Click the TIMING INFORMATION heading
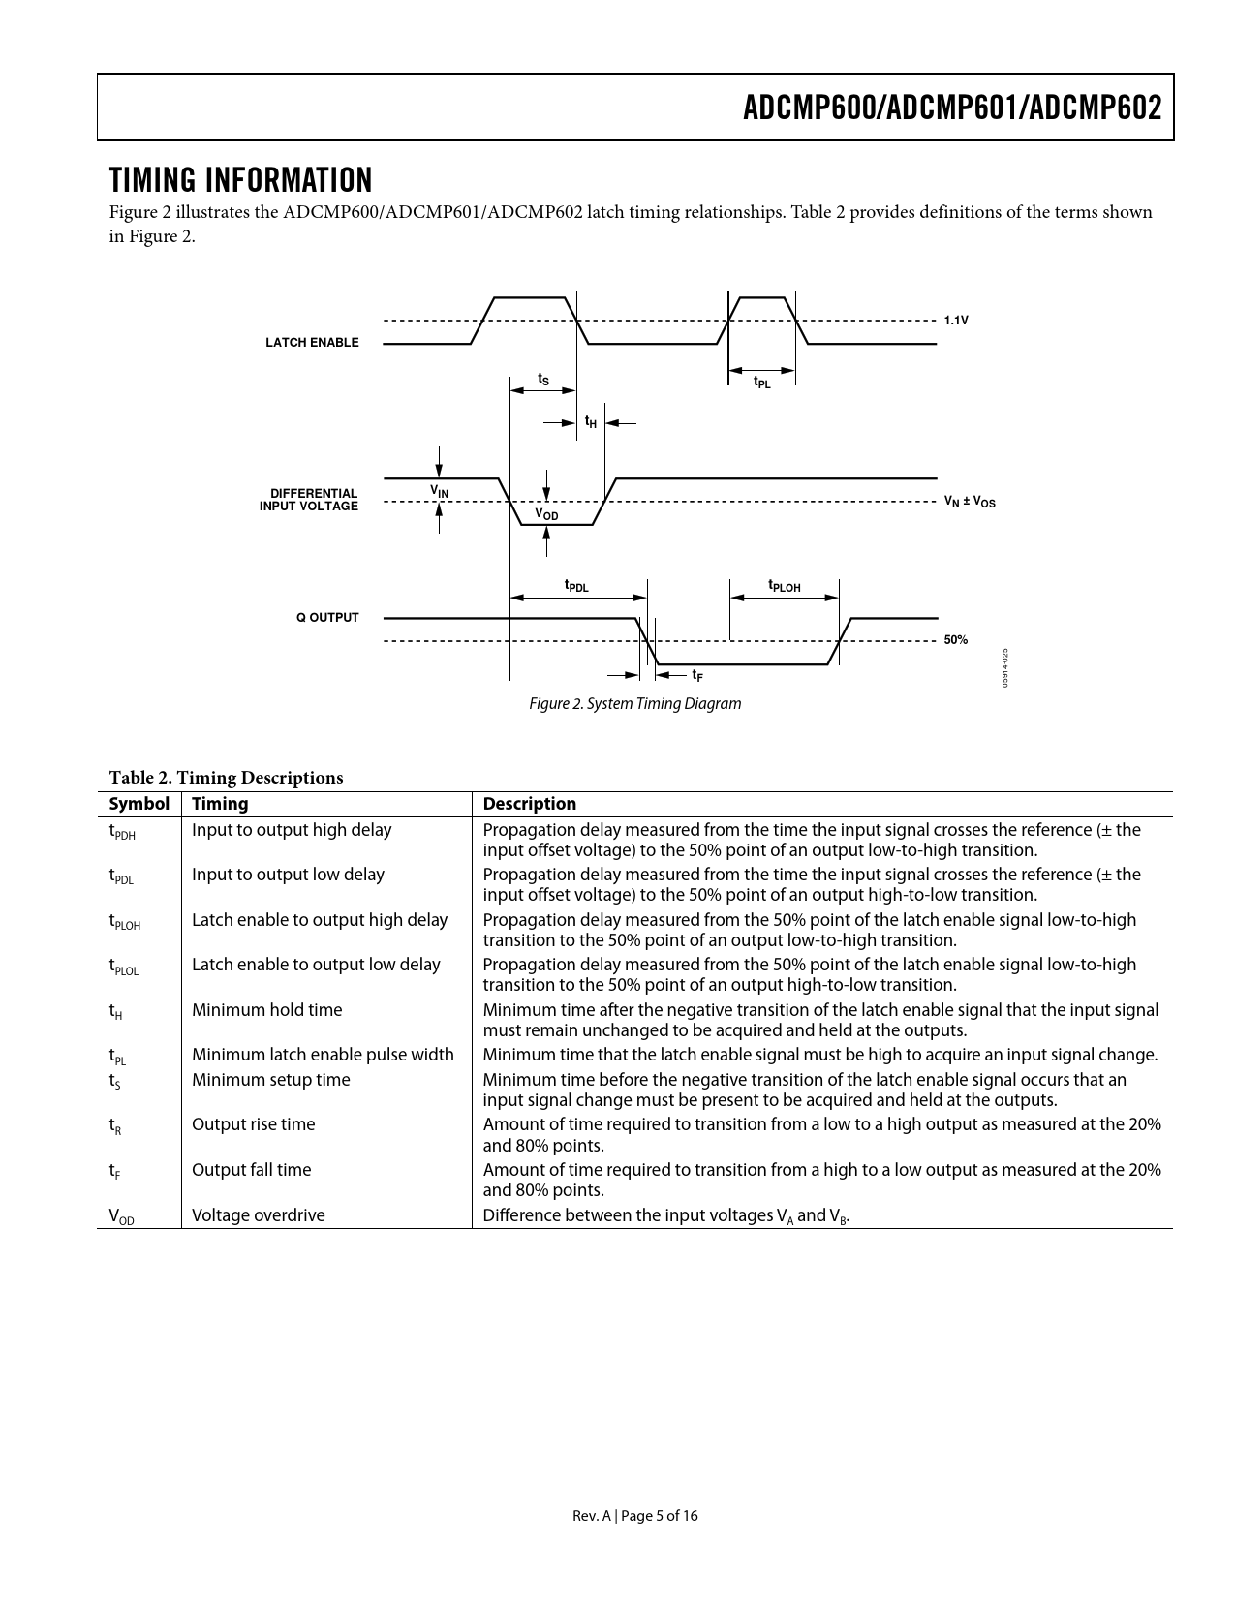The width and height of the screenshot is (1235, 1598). click(240, 180)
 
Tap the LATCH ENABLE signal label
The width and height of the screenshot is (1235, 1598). click(312, 343)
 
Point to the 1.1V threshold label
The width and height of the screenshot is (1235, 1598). click(956, 320)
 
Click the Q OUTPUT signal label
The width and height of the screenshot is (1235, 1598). click(327, 618)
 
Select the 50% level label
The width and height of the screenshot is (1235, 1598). click(956, 640)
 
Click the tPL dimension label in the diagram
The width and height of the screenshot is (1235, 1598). click(762, 383)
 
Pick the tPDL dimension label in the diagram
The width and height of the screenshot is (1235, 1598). click(576, 586)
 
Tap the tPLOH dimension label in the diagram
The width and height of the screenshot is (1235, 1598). click(785, 586)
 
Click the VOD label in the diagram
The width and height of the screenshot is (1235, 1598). click(547, 514)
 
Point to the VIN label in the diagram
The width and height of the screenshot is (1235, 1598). click(440, 492)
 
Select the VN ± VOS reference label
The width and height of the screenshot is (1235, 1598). click(970, 502)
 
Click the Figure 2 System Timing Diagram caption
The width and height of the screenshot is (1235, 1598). click(634, 704)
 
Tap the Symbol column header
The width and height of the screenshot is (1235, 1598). click(139, 804)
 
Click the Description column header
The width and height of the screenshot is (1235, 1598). click(529, 804)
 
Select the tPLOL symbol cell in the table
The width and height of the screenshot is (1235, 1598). click(124, 967)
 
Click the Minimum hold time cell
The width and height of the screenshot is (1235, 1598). click(266, 1010)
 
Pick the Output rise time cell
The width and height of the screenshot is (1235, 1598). click(253, 1124)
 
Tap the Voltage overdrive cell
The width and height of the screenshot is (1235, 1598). click(258, 1215)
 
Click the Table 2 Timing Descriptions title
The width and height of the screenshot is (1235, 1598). click(226, 778)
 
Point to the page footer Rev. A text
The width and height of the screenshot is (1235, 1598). click(634, 1516)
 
